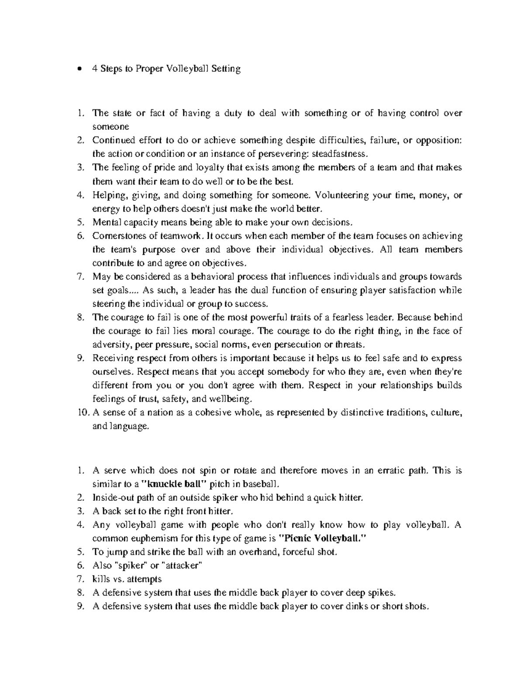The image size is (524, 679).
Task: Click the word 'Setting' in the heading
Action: pos(225,69)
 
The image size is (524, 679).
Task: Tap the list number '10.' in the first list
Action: pos(83,412)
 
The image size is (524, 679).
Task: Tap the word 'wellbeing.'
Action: pos(230,399)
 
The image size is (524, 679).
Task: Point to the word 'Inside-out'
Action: pos(111,498)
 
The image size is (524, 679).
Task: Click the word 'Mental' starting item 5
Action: pos(105,222)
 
